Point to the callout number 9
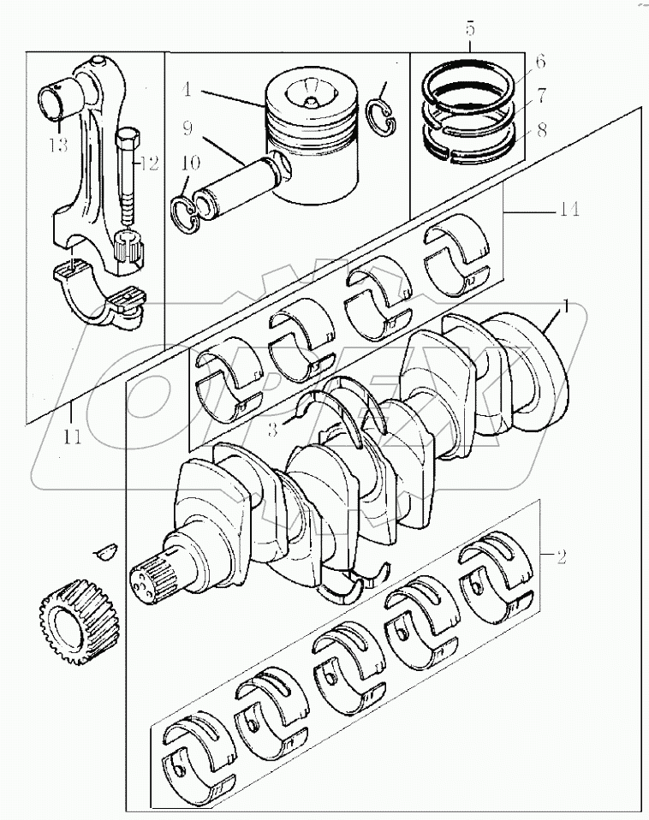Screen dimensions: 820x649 pyautogui.click(x=187, y=131)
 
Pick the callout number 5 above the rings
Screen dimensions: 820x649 pyautogui.click(x=470, y=30)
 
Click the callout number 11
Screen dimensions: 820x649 pyautogui.click(x=73, y=437)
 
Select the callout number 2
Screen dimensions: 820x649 pyautogui.click(x=561, y=558)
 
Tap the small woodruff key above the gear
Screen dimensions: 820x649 pyautogui.click(x=107, y=550)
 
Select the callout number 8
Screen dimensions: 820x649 pyautogui.click(x=540, y=133)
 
